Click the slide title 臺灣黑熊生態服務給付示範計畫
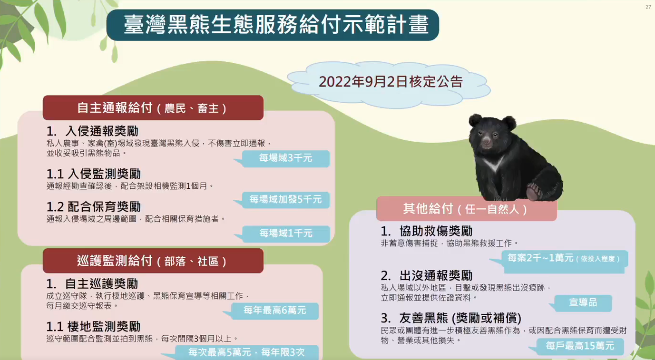276,25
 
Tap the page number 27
648,7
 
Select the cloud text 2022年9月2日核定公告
391,82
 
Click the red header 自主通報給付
153,108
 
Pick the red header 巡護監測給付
153,261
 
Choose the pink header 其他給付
466,209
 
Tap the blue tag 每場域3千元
285,158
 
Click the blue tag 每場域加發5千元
285,200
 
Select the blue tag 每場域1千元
285,234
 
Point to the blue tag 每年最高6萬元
274,311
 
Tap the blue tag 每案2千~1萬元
563,259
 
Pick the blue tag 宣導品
583,302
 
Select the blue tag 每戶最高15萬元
579,346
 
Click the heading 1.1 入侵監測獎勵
94,174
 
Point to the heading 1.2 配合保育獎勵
94,207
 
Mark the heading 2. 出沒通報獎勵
427,275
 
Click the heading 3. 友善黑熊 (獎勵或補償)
451,318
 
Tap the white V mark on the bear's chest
494,164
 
